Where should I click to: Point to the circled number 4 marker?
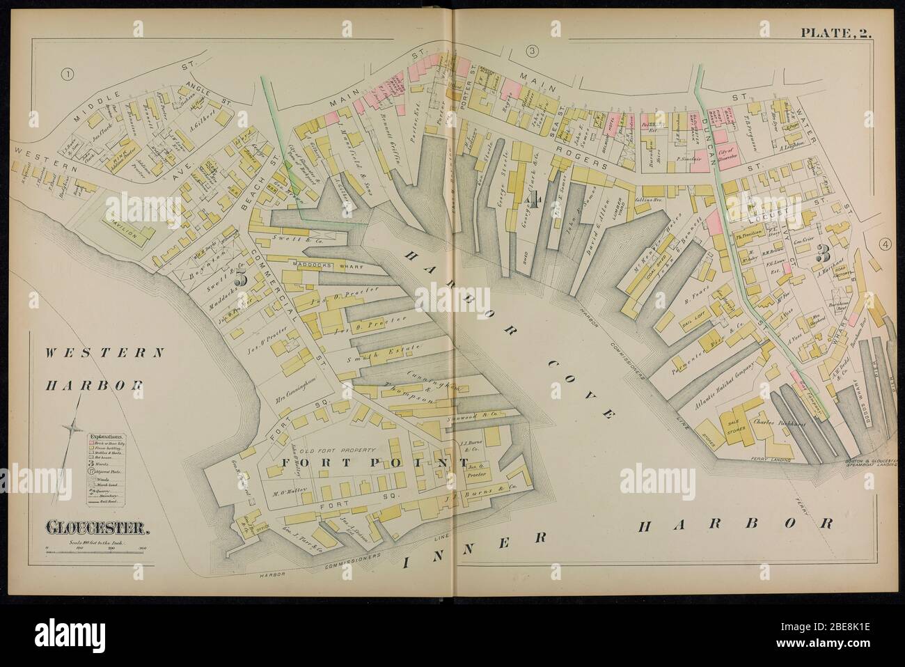[885, 244]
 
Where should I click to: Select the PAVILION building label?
[126, 235]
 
